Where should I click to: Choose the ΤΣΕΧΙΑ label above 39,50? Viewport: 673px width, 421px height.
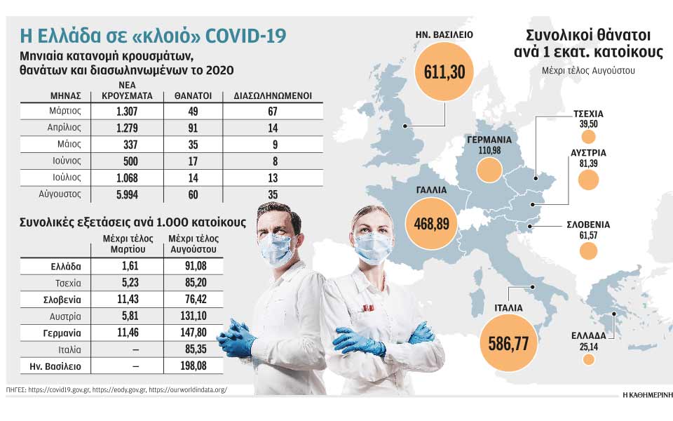[x=588, y=114]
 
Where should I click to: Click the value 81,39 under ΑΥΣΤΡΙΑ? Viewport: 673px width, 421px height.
[x=588, y=163]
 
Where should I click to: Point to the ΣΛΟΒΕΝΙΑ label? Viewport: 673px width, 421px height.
[x=588, y=225]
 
